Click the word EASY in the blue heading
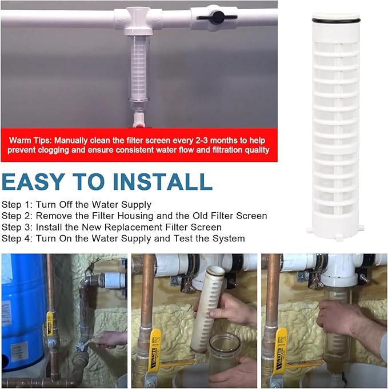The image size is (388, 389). pyautogui.click(x=34, y=181)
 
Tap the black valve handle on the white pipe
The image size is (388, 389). pyautogui.click(x=217, y=17)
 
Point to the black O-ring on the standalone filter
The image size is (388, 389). pyautogui.click(x=336, y=19)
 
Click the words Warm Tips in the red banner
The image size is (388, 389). pyautogui.click(x=30, y=140)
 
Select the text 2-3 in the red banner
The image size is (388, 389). pyautogui.click(x=202, y=140)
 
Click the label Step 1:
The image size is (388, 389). pyautogui.click(x=17, y=205)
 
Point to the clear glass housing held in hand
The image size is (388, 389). pyautogui.click(x=224, y=355)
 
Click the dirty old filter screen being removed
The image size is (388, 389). pyautogui.click(x=207, y=308)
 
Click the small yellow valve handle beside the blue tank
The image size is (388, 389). pyautogui.click(x=50, y=323)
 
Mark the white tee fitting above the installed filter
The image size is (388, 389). pyautogui.click(x=138, y=21)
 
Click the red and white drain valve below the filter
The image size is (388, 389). pyautogui.click(x=138, y=120)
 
